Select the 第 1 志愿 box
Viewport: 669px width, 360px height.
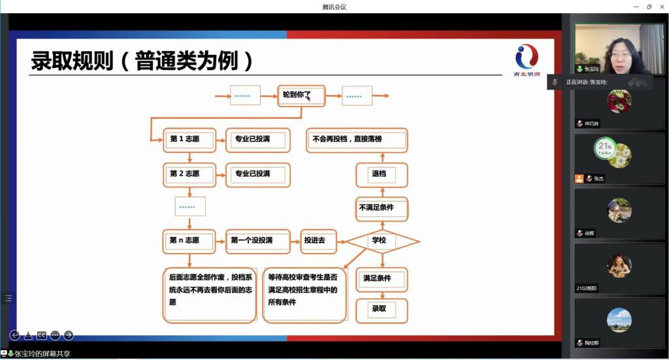pos(189,139)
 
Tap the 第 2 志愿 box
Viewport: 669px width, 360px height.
pos(189,174)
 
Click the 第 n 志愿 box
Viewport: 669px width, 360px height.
pos(189,241)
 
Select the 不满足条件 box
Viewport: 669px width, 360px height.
pos(382,208)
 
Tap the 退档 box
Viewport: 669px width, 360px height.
pos(382,174)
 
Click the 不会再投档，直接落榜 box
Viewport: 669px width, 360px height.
pos(357,140)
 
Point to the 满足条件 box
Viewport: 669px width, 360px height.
pos(382,279)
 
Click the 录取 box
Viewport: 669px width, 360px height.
pos(382,308)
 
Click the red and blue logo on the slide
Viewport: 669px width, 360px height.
pos(527,57)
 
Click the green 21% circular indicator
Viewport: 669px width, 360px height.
pos(605,148)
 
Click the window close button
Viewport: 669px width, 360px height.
pos(661,7)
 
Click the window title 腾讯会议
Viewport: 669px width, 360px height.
pos(334,7)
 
